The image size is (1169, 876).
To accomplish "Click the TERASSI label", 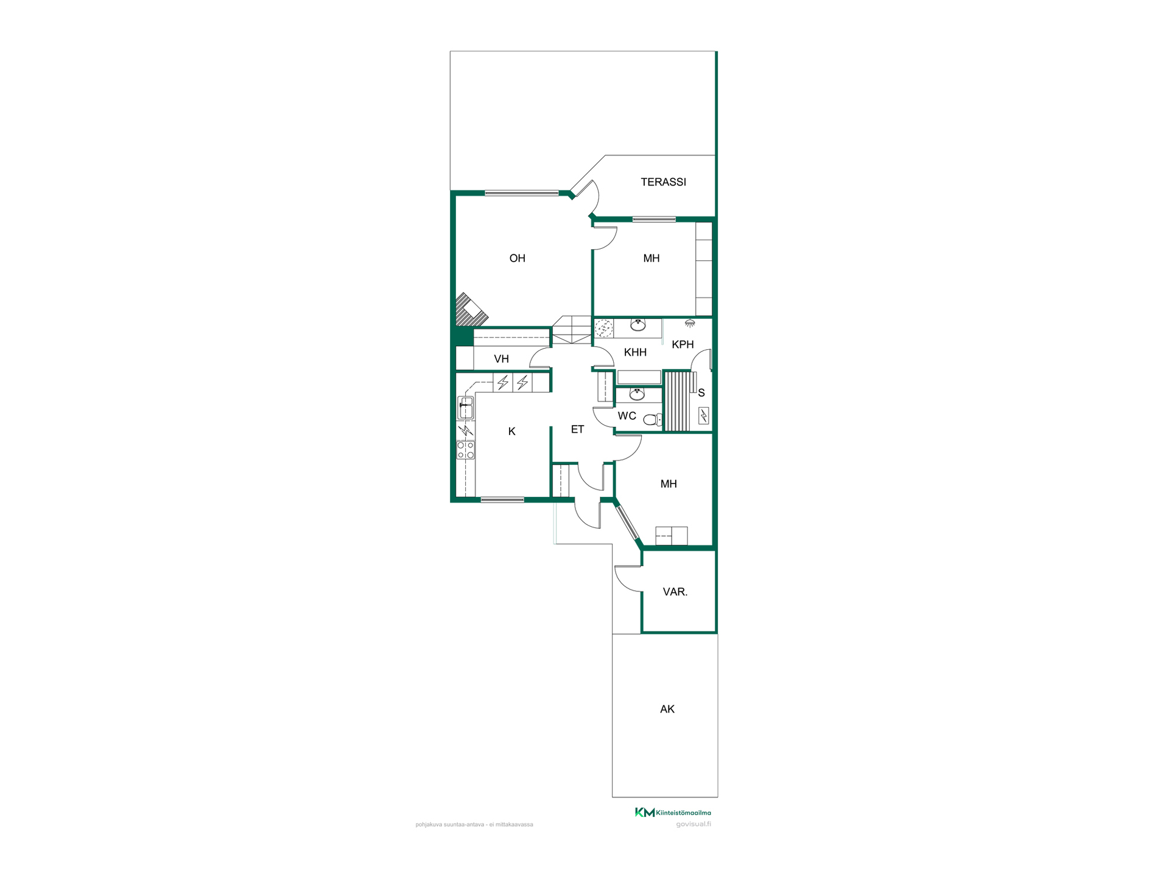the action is point(663,182).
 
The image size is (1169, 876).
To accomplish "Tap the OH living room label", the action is point(517,259).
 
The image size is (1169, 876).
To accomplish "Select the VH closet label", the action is point(501,359).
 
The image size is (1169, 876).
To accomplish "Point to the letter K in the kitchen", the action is point(511,431).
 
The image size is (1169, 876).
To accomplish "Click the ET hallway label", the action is point(577,429).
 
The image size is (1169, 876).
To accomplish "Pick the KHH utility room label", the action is point(635,352).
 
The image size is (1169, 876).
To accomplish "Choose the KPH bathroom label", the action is point(683,344).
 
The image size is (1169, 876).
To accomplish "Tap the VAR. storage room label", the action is point(675,592).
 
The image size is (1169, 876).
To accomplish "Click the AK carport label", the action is point(667,709).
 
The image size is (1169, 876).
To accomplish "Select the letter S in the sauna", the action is point(701,393).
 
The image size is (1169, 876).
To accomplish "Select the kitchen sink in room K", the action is point(466,408).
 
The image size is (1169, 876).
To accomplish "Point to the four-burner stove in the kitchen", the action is point(466,450).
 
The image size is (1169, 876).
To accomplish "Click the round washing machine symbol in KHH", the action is point(603,328).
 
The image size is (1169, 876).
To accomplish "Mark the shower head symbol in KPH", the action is point(689,324).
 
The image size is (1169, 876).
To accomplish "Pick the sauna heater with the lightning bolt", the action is point(704,415).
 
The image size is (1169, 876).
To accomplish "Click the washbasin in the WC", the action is point(637,394).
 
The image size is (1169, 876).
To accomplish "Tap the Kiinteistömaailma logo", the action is point(673,812).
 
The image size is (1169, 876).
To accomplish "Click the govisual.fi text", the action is point(693,824).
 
